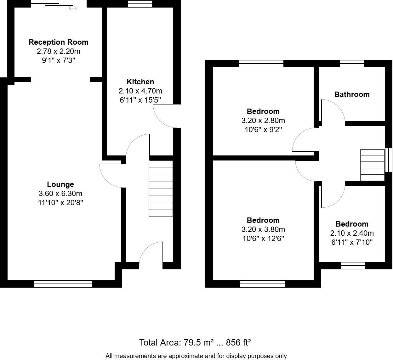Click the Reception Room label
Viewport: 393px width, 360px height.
[58, 42]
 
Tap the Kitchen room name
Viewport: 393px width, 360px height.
[140, 82]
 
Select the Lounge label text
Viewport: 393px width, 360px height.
[60, 184]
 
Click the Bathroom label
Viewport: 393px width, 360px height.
[352, 94]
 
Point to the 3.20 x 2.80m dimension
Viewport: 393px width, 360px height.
[263, 121]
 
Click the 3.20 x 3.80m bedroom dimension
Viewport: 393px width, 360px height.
[263, 229]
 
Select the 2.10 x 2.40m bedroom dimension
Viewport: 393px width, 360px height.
[352, 233]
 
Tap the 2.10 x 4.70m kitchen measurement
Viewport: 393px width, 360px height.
[140, 91]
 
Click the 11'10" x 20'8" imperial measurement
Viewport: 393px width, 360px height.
[60, 203]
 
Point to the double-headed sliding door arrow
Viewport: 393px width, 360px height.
[73, 8]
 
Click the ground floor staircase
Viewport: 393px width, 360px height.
[161, 188]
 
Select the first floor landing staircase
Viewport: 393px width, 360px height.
[372, 165]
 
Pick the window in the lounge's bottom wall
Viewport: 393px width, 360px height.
[63, 284]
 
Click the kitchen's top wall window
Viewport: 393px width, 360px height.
[140, 4]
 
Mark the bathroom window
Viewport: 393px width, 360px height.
[352, 64]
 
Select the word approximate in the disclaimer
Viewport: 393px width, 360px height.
[186, 356]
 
